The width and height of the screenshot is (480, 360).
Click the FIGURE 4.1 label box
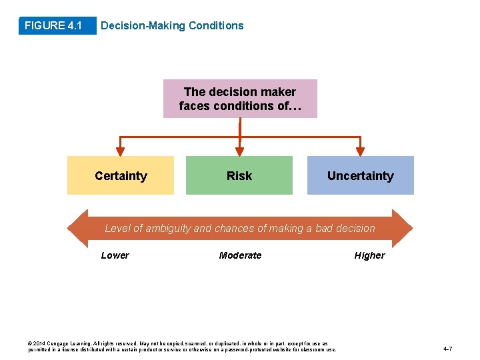click(53, 26)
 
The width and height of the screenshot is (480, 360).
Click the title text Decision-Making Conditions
click(171, 26)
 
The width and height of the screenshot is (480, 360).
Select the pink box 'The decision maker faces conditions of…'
click(240, 99)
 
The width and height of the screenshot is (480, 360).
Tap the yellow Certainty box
click(121, 175)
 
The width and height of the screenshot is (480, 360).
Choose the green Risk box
click(239, 175)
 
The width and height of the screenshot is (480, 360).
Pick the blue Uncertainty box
click(360, 175)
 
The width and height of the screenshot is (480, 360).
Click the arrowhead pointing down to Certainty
click(121, 151)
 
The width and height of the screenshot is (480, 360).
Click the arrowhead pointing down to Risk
click(239, 151)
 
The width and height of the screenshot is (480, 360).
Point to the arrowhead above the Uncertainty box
click(360, 151)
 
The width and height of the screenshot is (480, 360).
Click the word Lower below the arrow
click(115, 255)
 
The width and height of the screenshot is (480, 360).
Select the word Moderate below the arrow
click(240, 255)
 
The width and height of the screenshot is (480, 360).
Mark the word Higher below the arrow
click(369, 255)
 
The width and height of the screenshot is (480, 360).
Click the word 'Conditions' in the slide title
click(216, 26)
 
